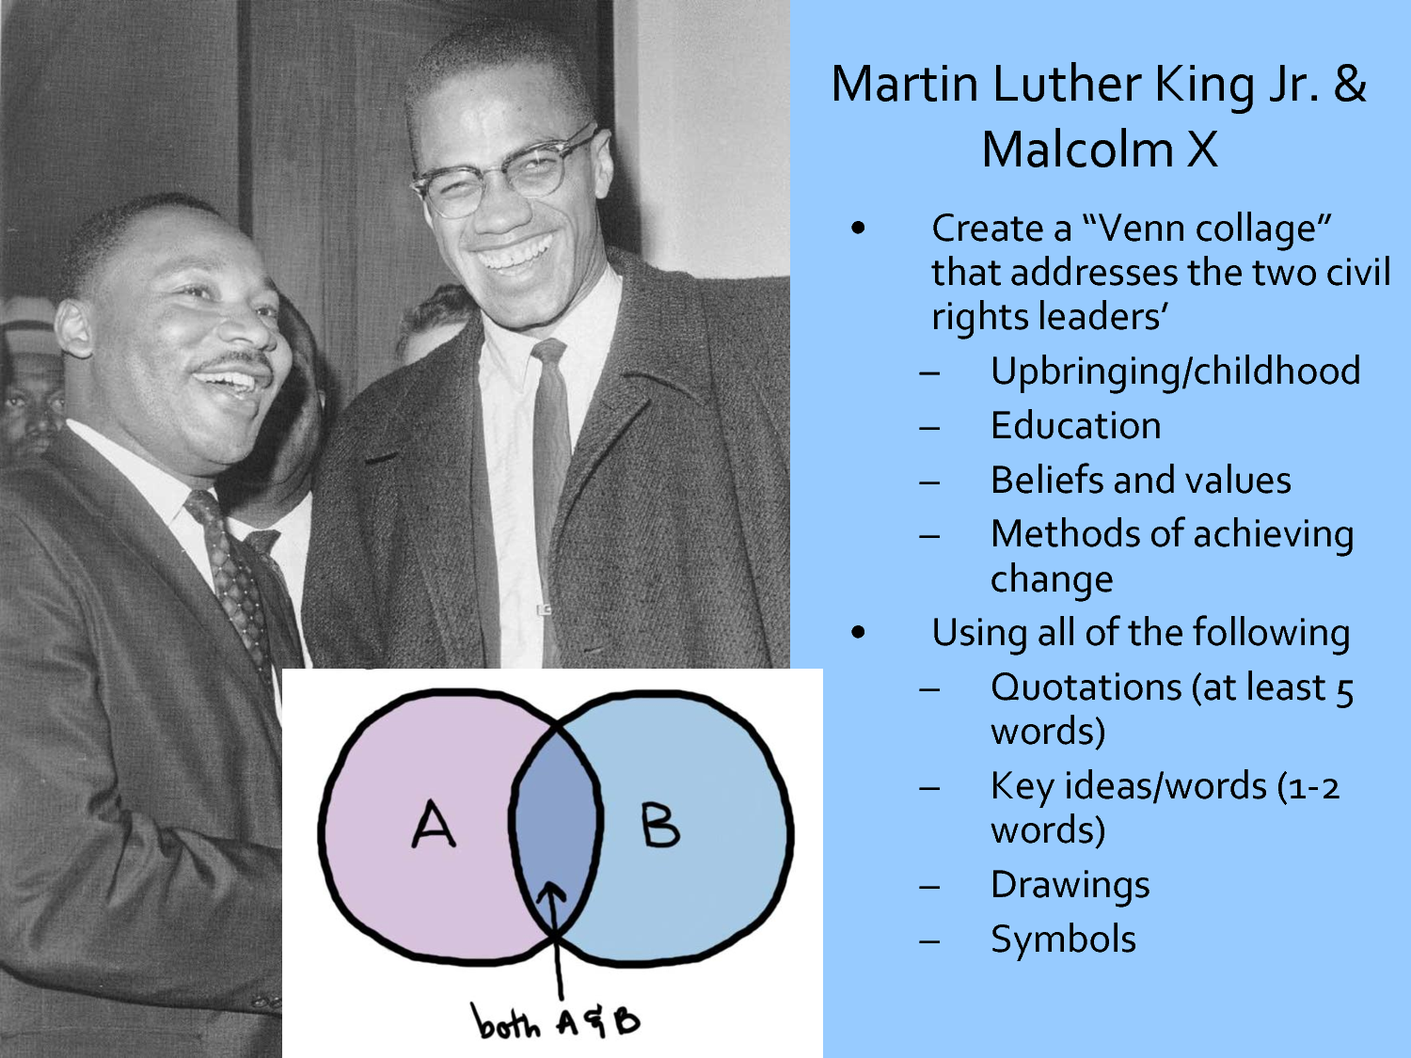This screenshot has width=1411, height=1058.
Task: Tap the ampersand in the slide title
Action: pyautogui.click(x=1349, y=84)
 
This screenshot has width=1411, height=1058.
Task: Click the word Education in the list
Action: pyautogui.click(x=1075, y=425)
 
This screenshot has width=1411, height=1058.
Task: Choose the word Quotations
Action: pyautogui.click(x=1086, y=688)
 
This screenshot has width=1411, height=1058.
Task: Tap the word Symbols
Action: pyautogui.click(x=1063, y=940)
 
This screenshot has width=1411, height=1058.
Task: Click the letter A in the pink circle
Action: pyautogui.click(x=434, y=824)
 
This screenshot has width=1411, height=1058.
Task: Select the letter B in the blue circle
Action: pyautogui.click(x=659, y=825)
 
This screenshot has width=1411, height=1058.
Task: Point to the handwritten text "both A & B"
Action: pyautogui.click(x=555, y=1021)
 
